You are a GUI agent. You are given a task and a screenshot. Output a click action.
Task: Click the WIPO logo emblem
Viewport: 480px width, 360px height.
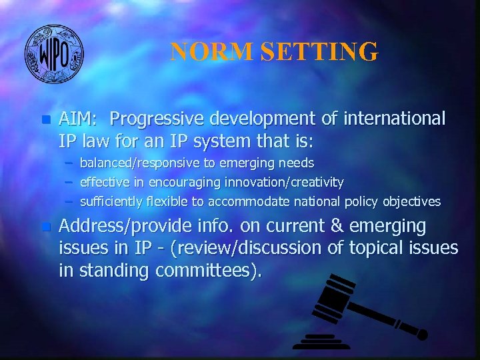click(x=54, y=53)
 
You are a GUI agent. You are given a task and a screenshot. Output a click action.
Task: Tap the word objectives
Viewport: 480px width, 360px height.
click(x=407, y=201)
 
